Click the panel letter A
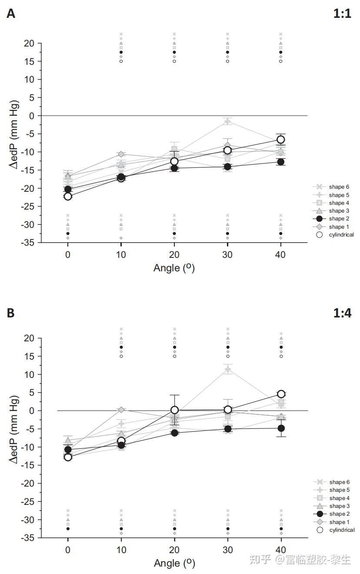(x=11, y=14)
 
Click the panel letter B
(x=11, y=313)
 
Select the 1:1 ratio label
(x=342, y=14)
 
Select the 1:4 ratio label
(x=342, y=313)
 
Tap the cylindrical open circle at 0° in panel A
(x=68, y=196)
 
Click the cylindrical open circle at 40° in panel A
(x=281, y=140)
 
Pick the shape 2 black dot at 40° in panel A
(x=281, y=162)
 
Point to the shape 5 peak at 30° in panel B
(x=227, y=370)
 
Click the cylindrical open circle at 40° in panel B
(x=281, y=394)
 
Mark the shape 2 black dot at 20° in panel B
(x=174, y=433)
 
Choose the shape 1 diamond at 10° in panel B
(x=121, y=410)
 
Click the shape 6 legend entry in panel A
(x=333, y=187)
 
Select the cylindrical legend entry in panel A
(x=335, y=235)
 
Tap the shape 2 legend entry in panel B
(x=333, y=514)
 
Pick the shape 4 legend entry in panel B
(x=333, y=498)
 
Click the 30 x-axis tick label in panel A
(x=227, y=255)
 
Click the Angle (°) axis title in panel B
(x=174, y=564)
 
